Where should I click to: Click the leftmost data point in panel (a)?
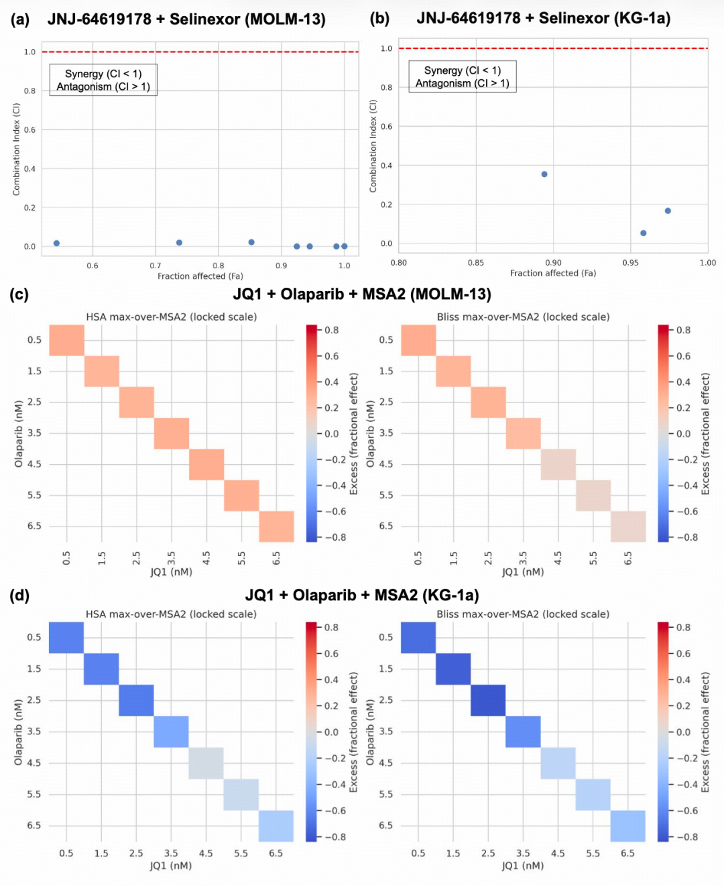pos(57,243)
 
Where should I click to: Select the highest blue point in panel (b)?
pos(544,174)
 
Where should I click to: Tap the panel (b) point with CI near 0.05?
pos(644,233)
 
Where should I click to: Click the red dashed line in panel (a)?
pos(200,52)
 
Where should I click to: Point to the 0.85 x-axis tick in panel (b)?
pos(476,263)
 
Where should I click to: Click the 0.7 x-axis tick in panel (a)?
pos(156,266)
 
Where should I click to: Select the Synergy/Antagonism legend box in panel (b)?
pos(463,76)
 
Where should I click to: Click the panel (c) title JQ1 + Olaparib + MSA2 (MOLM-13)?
pos(362,294)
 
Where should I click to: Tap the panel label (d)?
pos(19,596)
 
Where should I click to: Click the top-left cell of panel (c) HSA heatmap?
pos(67,340)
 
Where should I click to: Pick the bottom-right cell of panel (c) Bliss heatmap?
pos(628,527)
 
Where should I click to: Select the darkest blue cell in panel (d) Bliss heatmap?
pos(488,700)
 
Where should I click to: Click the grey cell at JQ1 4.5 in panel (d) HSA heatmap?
pos(206,763)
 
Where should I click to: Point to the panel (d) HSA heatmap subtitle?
pos(171,614)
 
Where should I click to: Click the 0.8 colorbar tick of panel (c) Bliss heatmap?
pos(683,330)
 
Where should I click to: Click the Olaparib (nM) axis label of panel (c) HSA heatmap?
pos(18,433)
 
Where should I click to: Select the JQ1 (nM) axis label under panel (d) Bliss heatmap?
pos(523,865)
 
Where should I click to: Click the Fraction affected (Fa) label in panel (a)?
pos(200,276)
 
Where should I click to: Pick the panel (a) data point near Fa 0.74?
pos(179,243)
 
